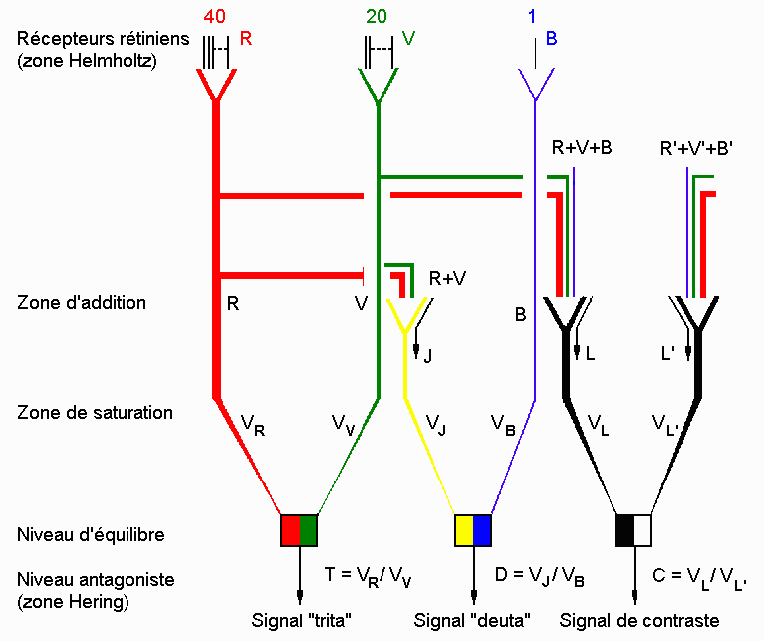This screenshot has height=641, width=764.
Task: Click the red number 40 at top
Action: tap(215, 17)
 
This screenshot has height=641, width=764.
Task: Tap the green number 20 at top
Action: tap(376, 17)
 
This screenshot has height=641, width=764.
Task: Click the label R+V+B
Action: tap(582, 148)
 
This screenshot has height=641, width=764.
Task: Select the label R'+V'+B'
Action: tap(698, 148)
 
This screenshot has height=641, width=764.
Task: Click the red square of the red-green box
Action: tap(290, 527)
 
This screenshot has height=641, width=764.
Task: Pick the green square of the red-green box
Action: tap(308, 527)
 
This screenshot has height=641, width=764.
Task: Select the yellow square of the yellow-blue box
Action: tap(463, 527)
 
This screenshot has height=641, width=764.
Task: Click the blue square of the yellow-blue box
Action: tap(482, 527)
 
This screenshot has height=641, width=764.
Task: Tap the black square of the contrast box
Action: tap(625, 527)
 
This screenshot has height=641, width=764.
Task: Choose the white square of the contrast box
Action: tap(642, 527)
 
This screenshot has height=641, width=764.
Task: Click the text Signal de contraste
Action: tap(638, 621)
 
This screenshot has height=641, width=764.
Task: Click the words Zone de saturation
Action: tap(96, 412)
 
